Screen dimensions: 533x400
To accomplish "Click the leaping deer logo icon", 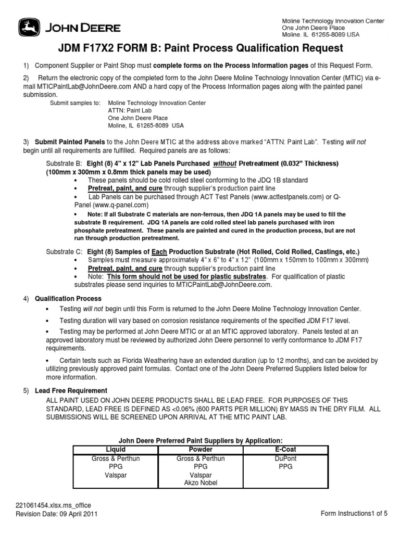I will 28,27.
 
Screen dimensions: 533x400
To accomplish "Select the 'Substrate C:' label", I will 63,251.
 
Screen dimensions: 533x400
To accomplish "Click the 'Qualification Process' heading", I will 68,299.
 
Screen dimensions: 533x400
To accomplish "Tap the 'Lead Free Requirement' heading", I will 71,390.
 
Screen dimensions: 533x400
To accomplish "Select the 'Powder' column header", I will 201,449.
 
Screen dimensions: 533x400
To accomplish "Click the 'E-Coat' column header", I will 285,449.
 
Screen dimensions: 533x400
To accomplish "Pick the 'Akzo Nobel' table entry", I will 201,483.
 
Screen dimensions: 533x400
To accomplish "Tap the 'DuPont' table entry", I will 285,459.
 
